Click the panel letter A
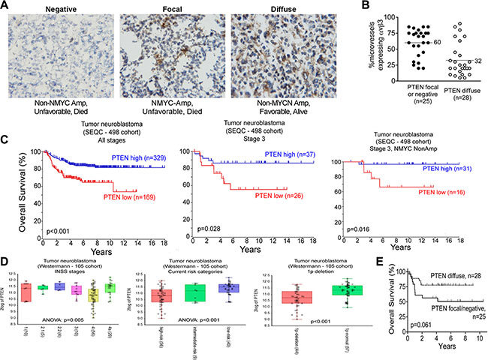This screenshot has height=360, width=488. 7,7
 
